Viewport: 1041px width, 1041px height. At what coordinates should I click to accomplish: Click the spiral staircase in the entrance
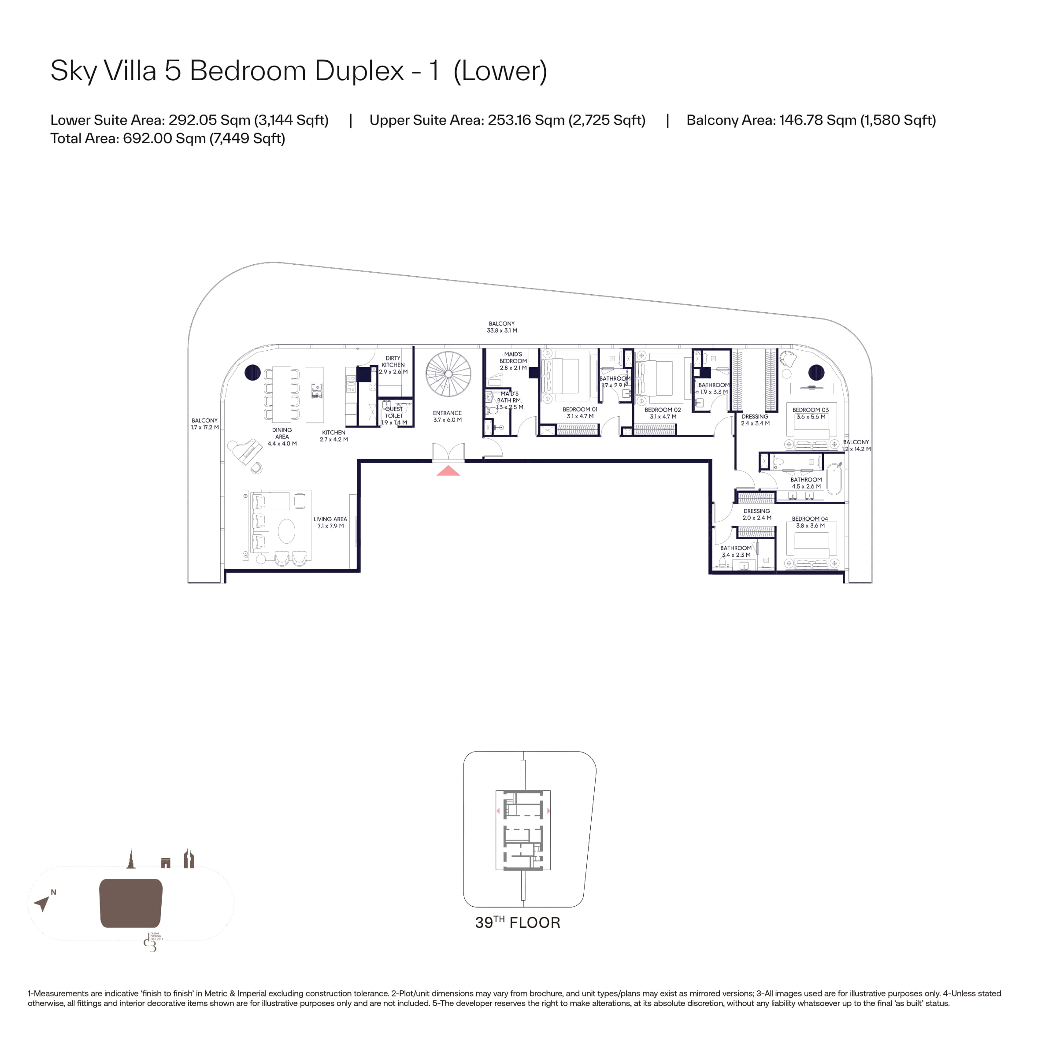[448, 374]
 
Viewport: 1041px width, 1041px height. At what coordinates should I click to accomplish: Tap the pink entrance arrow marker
[448, 471]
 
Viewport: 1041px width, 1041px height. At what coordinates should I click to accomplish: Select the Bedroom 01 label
[580, 413]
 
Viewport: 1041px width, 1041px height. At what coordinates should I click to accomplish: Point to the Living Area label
[330, 522]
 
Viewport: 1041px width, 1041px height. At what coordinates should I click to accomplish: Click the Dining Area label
[282, 437]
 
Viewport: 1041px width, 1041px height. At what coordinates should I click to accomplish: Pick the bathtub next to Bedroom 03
[835, 478]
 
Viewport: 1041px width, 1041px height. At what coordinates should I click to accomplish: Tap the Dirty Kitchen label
[393, 365]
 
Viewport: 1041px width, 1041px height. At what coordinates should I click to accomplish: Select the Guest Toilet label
[394, 415]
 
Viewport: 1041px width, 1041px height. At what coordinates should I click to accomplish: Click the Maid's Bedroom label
[513, 361]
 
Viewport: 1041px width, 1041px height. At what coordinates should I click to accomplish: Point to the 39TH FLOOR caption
[518, 922]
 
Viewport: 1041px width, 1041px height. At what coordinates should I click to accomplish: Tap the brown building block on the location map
[131, 903]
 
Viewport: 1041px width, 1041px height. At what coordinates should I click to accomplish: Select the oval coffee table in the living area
[287, 532]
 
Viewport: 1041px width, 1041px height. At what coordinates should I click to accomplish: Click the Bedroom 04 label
[810, 522]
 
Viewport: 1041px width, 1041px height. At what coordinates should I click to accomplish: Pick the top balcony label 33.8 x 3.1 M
[502, 327]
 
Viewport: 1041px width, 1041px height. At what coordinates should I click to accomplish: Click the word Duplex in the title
[359, 70]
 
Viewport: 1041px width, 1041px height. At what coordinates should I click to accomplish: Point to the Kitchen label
[333, 436]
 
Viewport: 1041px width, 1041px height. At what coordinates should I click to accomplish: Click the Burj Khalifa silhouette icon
[130, 858]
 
